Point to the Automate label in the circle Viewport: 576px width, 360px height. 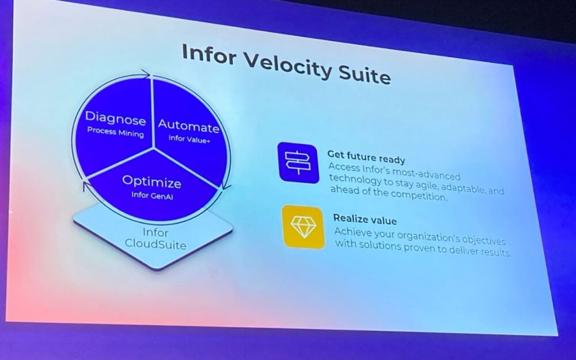188,126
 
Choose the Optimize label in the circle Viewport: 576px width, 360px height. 151,182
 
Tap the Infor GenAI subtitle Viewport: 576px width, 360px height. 151,195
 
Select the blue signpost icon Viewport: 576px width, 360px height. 298,162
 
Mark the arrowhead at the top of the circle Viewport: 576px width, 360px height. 146,74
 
